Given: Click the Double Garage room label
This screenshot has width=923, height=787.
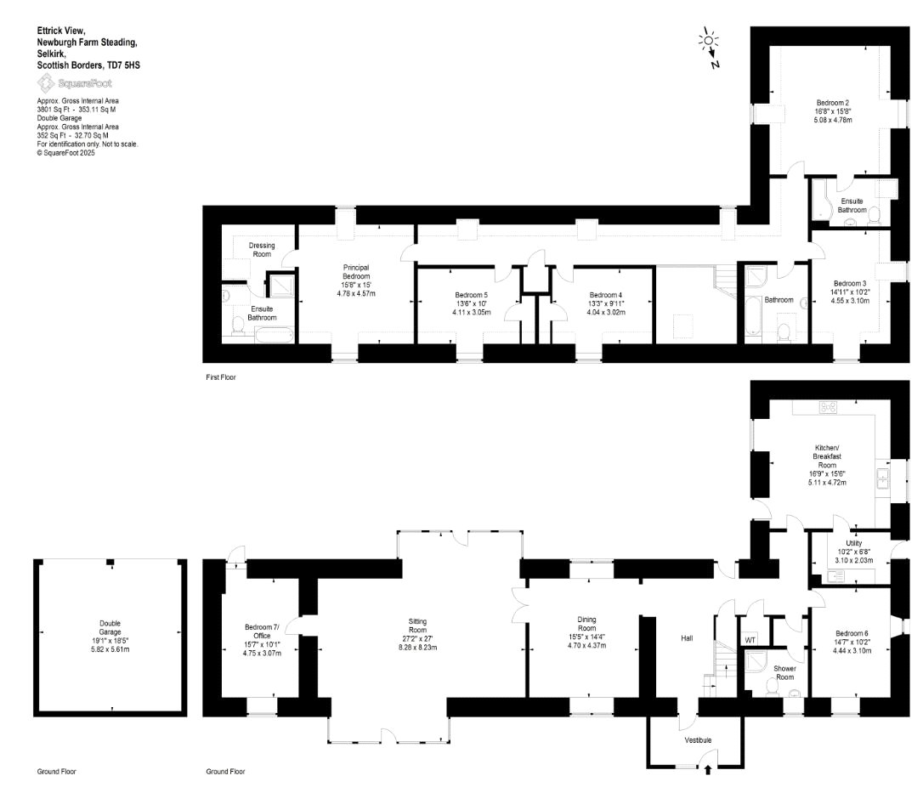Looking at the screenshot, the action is click(x=110, y=627).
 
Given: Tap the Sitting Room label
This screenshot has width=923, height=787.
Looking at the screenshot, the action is click(x=417, y=626).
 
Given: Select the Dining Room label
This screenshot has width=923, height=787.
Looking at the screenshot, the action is click(x=587, y=623).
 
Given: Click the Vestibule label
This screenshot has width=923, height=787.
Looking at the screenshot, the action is click(x=698, y=740).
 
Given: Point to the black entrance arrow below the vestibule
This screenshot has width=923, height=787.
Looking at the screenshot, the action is click(x=707, y=769).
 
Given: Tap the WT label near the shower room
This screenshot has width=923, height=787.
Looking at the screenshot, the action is click(x=750, y=641).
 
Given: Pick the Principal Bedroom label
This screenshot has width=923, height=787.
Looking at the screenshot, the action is click(x=356, y=272).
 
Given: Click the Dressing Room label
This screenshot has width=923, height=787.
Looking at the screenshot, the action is click(x=262, y=250).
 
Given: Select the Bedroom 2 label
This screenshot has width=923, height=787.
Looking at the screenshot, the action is click(x=832, y=103).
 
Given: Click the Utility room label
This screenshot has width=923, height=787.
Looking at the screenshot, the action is click(x=853, y=543).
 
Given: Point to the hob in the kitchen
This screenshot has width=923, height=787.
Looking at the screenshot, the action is click(x=828, y=406).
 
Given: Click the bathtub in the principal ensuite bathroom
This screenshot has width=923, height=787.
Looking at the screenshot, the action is click(x=274, y=336).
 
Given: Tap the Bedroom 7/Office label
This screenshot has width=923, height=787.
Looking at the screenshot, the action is click(x=262, y=631).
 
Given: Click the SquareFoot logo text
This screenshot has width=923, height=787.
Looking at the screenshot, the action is click(x=85, y=83).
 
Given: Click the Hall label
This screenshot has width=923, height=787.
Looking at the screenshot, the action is click(x=687, y=638).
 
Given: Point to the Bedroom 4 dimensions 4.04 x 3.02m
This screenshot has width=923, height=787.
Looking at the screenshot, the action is click(x=606, y=312).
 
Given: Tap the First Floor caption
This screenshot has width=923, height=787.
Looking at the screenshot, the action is click(x=221, y=377).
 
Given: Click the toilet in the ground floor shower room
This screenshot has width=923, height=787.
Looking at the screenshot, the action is click(x=771, y=687).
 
